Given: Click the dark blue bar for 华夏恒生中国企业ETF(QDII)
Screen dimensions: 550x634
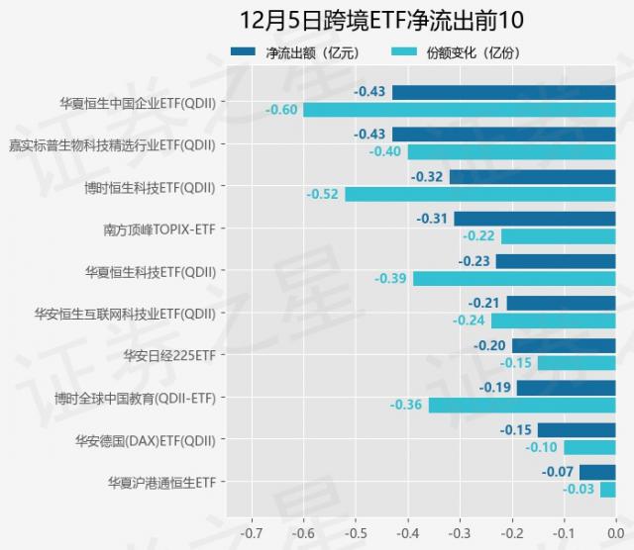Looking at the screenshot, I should point(503,92).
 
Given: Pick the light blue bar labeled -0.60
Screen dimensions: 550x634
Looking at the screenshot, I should point(459,109).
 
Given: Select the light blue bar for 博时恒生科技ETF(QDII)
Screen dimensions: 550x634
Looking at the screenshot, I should point(479,194).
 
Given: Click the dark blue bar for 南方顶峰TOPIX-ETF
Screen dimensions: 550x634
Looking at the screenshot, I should point(535,219).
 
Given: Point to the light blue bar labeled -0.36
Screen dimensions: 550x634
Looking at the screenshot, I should point(521,405).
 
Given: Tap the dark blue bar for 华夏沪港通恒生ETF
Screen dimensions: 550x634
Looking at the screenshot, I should point(597,472).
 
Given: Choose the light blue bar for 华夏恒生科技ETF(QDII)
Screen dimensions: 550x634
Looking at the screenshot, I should point(513,278).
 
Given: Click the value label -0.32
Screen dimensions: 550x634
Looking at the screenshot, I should point(427,177).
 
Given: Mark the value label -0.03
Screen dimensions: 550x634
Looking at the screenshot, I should point(579,489).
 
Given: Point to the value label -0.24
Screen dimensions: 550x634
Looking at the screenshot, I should point(469,321).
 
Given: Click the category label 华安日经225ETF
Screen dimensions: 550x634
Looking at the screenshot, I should point(168,354).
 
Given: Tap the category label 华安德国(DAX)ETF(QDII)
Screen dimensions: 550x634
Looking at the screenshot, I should point(145,439).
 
